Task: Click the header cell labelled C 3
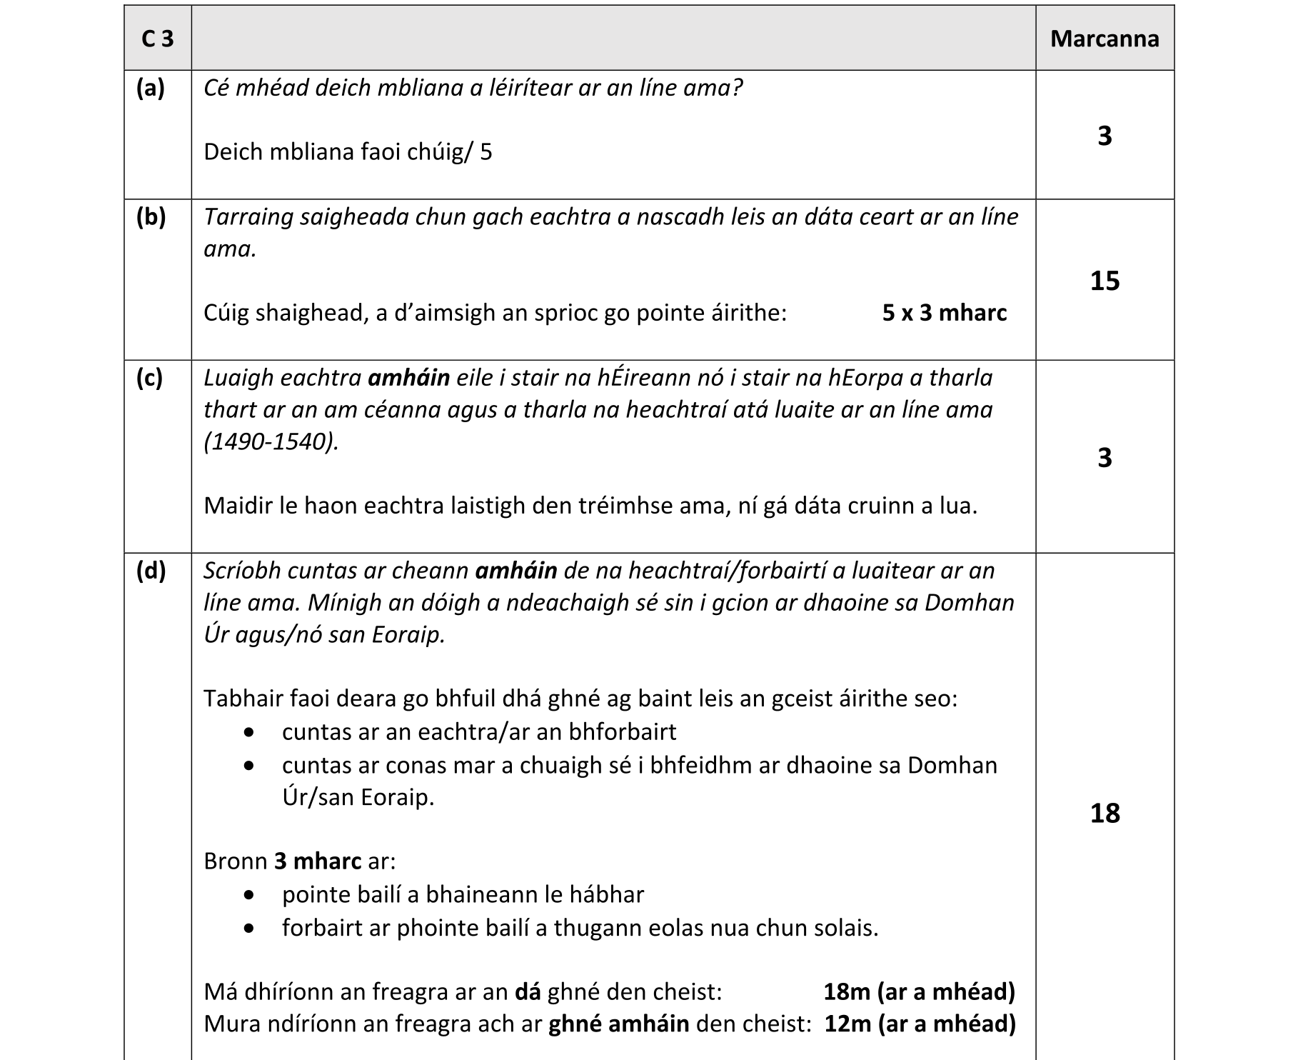157,39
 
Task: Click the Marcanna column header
1104,39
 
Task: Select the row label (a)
151,88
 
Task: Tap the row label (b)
151,216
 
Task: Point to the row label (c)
150,377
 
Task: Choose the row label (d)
151,570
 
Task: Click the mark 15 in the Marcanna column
1105,281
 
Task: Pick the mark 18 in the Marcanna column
1105,813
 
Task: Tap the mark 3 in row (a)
1105,136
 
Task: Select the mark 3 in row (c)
1105,457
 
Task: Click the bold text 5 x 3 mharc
944,313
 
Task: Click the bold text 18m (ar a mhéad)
919,991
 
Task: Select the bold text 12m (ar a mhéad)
920,1024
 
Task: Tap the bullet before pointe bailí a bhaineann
248,895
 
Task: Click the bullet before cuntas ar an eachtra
248,732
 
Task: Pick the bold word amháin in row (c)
408,377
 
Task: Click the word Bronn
236,861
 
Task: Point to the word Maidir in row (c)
238,506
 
